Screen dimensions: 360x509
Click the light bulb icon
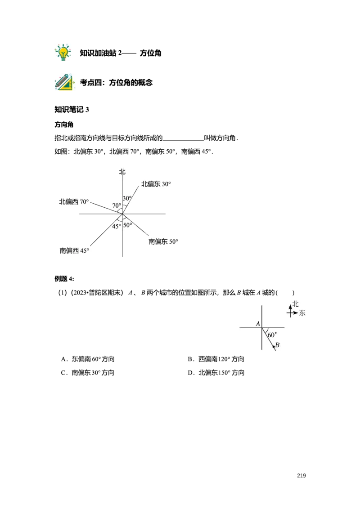point(63,53)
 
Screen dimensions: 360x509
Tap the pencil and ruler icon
point(64,82)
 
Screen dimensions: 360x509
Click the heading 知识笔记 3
point(72,110)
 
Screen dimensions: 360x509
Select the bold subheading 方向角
point(64,125)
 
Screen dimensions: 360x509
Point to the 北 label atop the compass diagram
point(122,172)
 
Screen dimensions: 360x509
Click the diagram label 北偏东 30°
point(156,184)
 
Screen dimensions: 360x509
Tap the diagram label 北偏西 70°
point(74,202)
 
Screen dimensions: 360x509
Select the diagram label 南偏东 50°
point(163,241)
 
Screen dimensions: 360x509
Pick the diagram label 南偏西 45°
point(74,250)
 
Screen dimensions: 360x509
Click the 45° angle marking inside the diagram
point(117,226)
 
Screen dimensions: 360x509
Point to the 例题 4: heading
point(64,279)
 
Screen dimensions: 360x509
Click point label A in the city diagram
point(258,324)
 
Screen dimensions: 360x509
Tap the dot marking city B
point(274,347)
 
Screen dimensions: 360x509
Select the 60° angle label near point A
point(272,335)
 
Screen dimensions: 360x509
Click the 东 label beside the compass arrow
point(302,313)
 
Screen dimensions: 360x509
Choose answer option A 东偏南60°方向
point(88,359)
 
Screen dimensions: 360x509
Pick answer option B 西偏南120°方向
point(216,359)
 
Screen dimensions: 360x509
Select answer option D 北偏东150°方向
point(216,373)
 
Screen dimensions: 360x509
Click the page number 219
point(301,476)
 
